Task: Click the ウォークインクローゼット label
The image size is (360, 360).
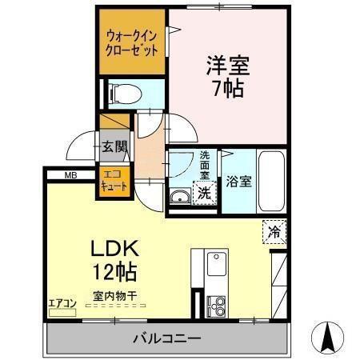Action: (x=132, y=42)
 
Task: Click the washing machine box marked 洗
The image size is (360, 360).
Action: (x=205, y=192)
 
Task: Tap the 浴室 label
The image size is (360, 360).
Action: (x=238, y=181)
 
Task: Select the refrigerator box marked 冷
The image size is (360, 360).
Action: (x=274, y=234)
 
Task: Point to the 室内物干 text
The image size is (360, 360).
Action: (x=114, y=296)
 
